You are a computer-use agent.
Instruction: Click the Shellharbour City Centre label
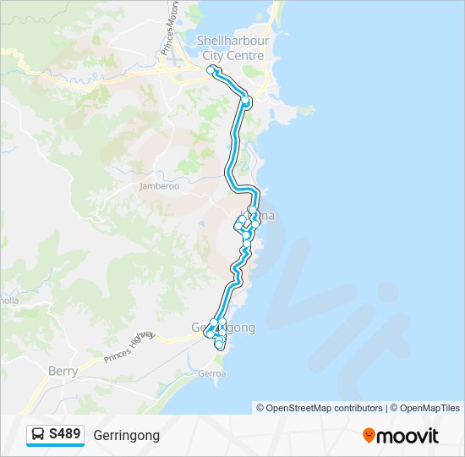click(230, 47)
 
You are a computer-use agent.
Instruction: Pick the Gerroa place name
click(211, 373)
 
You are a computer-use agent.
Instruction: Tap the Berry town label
click(63, 371)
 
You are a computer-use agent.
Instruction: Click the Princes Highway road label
click(129, 347)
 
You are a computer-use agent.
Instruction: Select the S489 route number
click(65, 435)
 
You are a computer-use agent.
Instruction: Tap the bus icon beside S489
click(39, 435)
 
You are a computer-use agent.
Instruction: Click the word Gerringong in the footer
click(126, 435)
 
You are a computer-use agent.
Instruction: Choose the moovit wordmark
click(408, 436)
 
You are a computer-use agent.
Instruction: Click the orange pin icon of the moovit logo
click(369, 435)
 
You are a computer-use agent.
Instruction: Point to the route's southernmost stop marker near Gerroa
click(219, 344)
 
